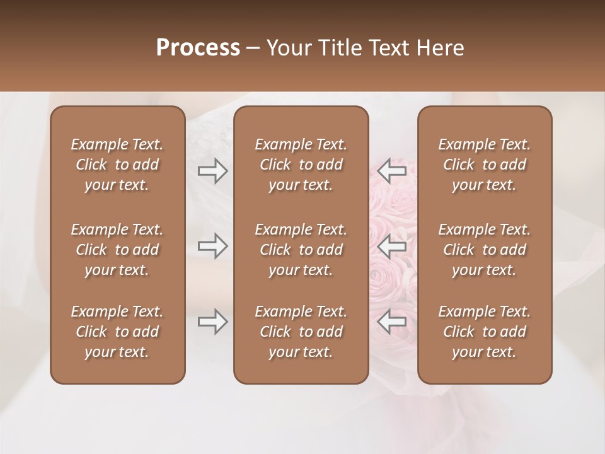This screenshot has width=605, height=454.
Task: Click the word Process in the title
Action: (198, 48)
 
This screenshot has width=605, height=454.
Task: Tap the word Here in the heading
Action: (439, 48)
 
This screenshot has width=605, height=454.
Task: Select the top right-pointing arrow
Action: (212, 170)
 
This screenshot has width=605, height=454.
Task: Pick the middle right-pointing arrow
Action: (212, 245)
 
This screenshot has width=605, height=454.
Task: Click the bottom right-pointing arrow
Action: (212, 322)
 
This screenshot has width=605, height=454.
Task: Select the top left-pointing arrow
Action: (392, 170)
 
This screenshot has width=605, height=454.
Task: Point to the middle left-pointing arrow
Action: (392, 245)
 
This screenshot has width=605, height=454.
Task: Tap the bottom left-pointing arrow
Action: (392, 322)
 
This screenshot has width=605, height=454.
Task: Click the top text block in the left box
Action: (117, 165)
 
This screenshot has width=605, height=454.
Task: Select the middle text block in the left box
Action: (117, 250)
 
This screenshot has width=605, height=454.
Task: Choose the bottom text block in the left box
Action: (117, 332)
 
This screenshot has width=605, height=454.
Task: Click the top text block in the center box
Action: (301, 165)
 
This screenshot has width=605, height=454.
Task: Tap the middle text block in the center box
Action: (301, 250)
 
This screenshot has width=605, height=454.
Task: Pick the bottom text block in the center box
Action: (301, 332)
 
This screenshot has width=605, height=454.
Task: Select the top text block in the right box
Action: (484, 165)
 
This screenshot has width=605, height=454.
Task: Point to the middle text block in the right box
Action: (484, 250)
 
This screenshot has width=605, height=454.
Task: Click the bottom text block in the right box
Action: (484, 332)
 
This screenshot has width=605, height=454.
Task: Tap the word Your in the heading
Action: (287, 48)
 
